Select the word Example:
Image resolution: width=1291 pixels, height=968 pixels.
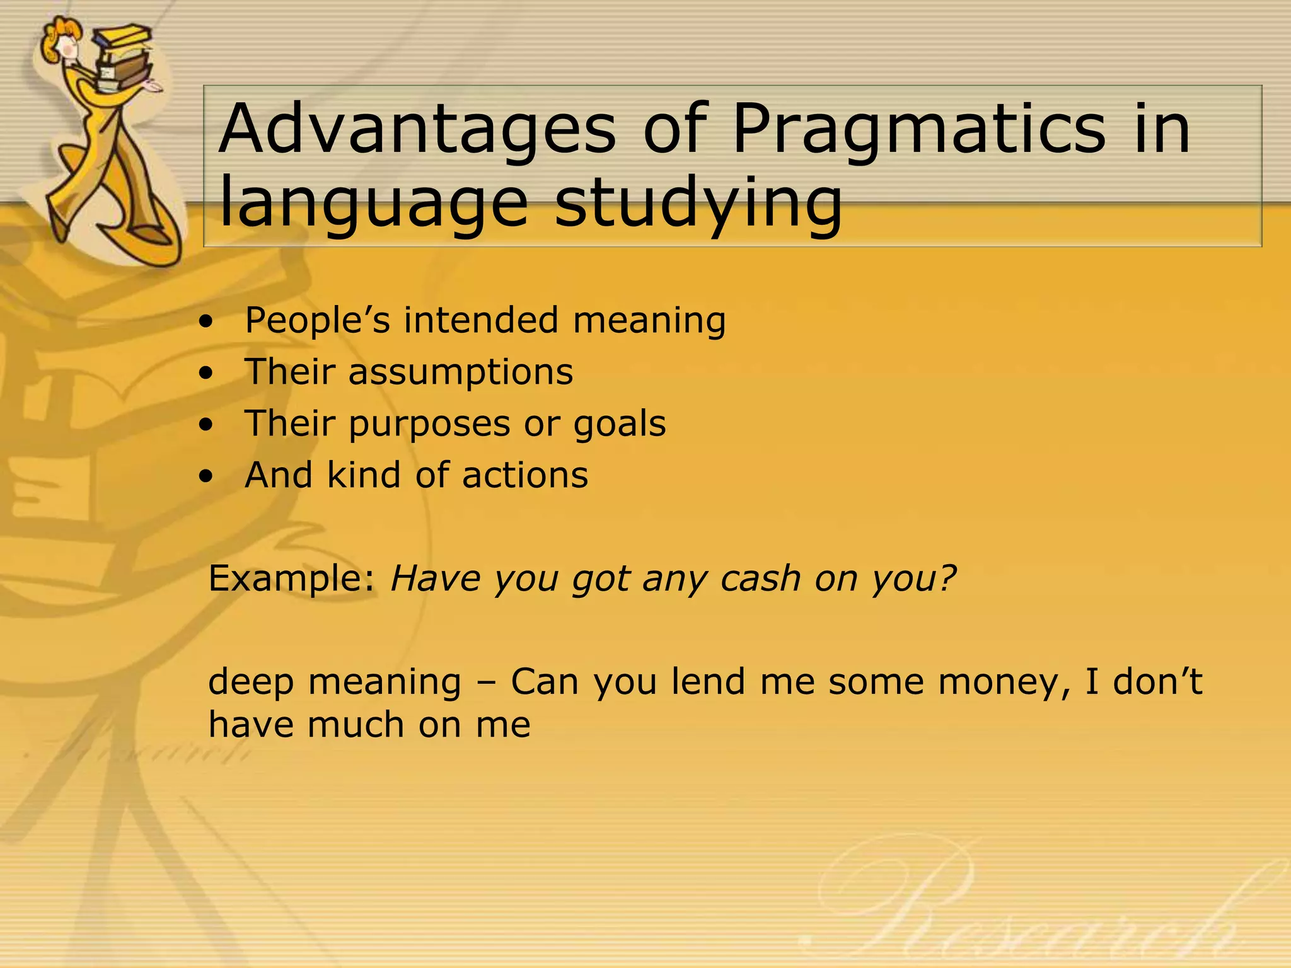point(292,579)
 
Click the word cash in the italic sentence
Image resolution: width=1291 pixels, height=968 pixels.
point(760,578)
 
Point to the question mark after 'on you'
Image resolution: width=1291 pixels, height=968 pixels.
point(946,577)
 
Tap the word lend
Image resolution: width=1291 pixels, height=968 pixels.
point(709,681)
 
